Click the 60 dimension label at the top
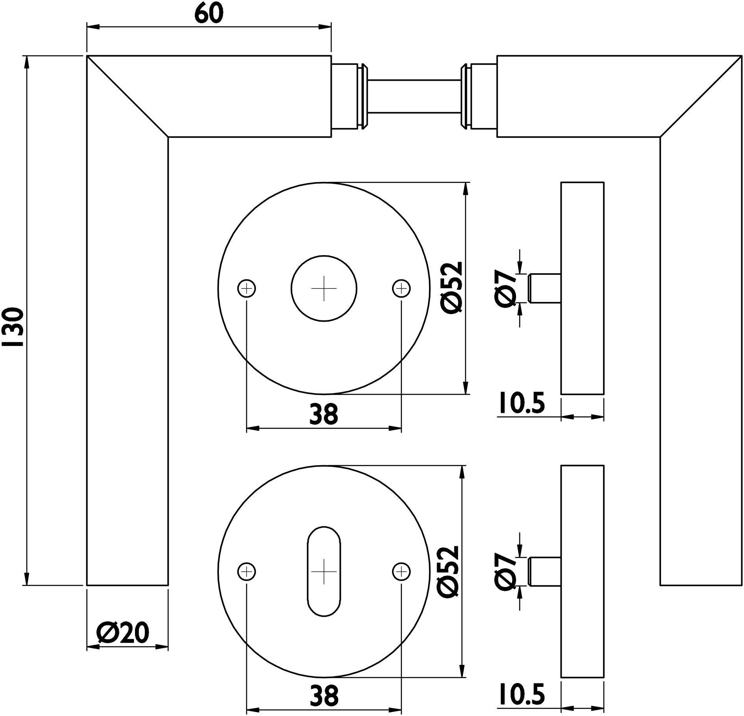click(209, 14)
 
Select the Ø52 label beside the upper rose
click(450, 288)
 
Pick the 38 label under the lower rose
click(324, 696)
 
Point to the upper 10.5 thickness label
click(522, 403)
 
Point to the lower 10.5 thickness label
click(522, 694)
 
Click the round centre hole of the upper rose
click(324, 289)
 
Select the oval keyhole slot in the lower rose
click(324, 572)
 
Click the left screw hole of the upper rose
click(246, 289)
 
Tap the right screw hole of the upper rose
click(401, 289)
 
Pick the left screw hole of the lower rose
click(246, 572)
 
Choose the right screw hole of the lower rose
click(401, 572)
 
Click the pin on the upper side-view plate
click(545, 289)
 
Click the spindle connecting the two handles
click(414, 96)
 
